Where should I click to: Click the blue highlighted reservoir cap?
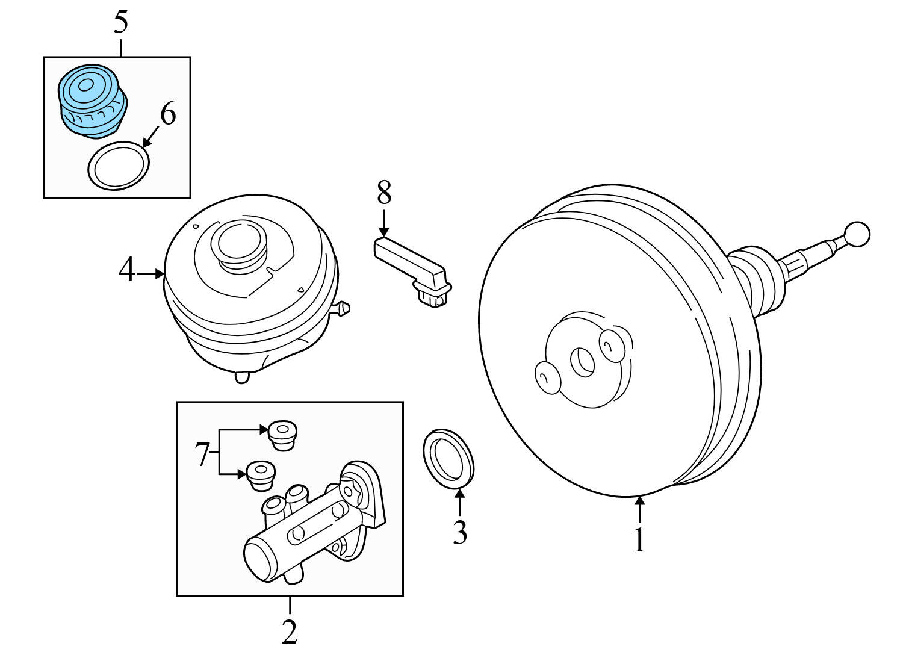click(91, 100)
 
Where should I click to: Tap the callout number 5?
click(121, 22)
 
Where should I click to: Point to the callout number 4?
click(126, 270)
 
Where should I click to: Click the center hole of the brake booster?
click(582, 362)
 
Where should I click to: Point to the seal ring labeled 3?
click(448, 458)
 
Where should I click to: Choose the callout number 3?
click(459, 532)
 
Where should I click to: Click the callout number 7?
click(202, 455)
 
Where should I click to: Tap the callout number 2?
click(290, 631)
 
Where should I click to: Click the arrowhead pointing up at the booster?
click(639, 499)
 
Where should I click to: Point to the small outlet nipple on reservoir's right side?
click(343, 309)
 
